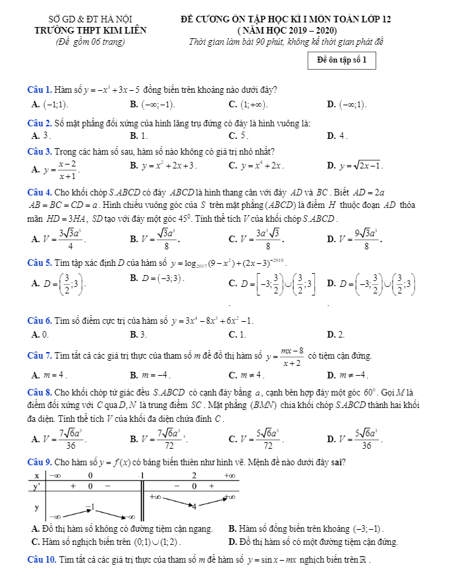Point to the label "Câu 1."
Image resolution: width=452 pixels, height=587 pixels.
pos(39,89)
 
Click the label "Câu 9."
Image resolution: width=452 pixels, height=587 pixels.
pos(39,461)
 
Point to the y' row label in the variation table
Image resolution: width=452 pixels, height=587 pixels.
pos(37,486)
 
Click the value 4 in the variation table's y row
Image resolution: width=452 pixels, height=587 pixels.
pos(194,506)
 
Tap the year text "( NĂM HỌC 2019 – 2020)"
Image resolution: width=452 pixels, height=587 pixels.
pos(286,30)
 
